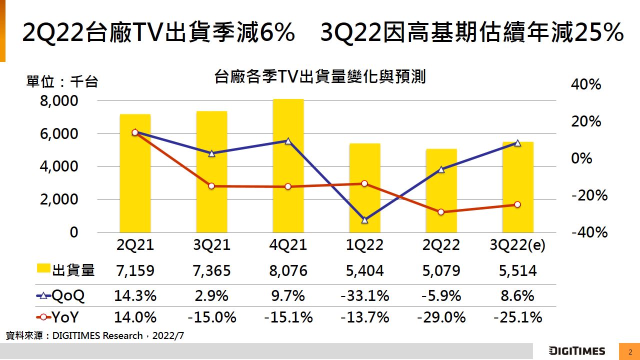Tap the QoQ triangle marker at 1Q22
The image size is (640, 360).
pyautogui.click(x=364, y=219)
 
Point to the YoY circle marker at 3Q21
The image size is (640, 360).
pyautogui.click(x=211, y=186)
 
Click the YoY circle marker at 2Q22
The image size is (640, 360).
pyautogui.click(x=441, y=212)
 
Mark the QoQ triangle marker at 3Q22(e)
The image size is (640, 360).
pyautogui.click(x=517, y=143)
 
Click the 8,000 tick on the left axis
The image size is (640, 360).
pyautogui.click(x=58, y=101)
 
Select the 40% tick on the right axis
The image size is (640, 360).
pyautogui.click(x=586, y=84)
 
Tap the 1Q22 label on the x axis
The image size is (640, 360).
pyautogui.click(x=364, y=245)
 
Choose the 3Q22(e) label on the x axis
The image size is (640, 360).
pyautogui.click(x=517, y=245)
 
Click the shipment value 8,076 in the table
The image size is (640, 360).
pyautogui.click(x=288, y=271)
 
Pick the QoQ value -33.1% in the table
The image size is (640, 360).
pyautogui.click(x=364, y=296)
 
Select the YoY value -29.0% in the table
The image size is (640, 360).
pyautogui.click(x=441, y=317)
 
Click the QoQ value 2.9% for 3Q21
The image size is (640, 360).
pyautogui.click(x=211, y=296)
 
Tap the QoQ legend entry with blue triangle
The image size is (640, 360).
pyautogui.click(x=60, y=296)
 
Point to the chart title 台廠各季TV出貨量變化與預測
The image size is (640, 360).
pyautogui.click(x=319, y=77)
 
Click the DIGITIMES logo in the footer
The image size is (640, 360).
pyautogui.click(x=576, y=350)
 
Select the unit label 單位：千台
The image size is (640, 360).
pyautogui.click(x=62, y=81)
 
